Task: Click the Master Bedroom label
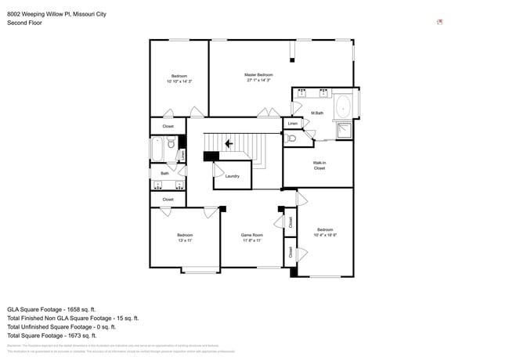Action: click(258, 74)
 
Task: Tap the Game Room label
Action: click(251, 235)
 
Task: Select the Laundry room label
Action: click(232, 176)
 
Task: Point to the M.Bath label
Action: click(317, 113)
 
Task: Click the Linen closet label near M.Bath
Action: click(293, 124)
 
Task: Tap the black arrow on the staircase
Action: click(229, 144)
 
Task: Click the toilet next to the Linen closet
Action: click(291, 139)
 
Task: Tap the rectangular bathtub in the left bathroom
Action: click(157, 147)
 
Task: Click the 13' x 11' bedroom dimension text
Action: click(185, 240)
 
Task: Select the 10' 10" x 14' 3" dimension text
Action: click(179, 81)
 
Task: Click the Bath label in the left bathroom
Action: click(164, 173)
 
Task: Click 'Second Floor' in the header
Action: click(24, 23)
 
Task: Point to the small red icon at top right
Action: click(440, 22)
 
